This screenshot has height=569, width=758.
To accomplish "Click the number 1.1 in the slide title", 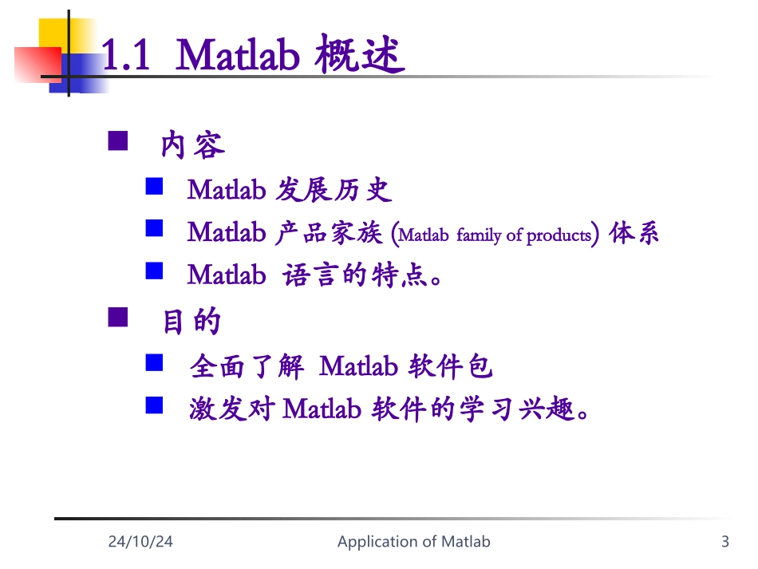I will coord(128,56).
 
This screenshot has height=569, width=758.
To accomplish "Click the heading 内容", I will coord(193,144).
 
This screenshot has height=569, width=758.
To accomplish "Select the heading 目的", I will coord(191,322).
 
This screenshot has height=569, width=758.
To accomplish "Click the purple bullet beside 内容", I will coord(117,141).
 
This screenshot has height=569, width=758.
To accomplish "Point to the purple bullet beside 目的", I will coord(117,318).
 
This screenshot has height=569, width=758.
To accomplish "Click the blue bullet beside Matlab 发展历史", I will coord(154,188).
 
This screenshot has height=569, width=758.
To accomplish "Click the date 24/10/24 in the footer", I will coord(140,542).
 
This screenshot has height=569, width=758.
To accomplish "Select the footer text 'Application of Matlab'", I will coord(413,542).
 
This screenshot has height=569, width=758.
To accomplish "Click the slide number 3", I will coord(724,542).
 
